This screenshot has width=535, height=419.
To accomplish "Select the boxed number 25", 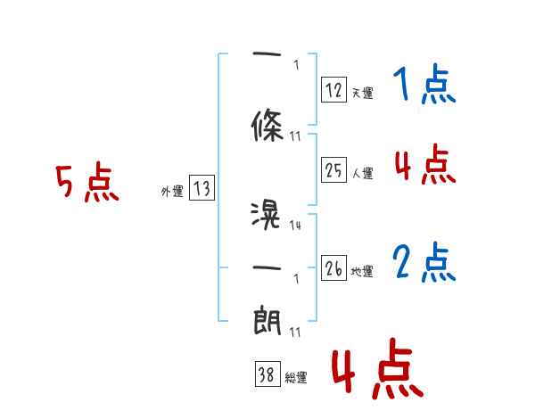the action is (333, 170).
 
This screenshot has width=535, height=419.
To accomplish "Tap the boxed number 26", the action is (333, 268).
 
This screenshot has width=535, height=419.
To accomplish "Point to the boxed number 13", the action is (202, 188).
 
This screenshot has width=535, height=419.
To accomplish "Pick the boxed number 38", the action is (267, 375).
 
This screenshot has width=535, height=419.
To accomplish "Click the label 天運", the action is (362, 93).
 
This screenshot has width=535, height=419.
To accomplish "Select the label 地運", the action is (362, 272).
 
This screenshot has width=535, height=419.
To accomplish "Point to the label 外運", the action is (171, 191).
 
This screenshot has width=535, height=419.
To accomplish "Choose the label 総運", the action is (296, 378).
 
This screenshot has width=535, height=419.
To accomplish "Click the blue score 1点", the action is (424, 86).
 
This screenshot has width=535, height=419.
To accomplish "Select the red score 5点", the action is (86, 184).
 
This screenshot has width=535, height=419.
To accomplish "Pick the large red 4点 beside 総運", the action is (376, 373).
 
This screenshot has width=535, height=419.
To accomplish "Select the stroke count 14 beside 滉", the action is (295, 226).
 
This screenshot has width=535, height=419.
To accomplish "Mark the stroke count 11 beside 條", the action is (296, 136).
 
